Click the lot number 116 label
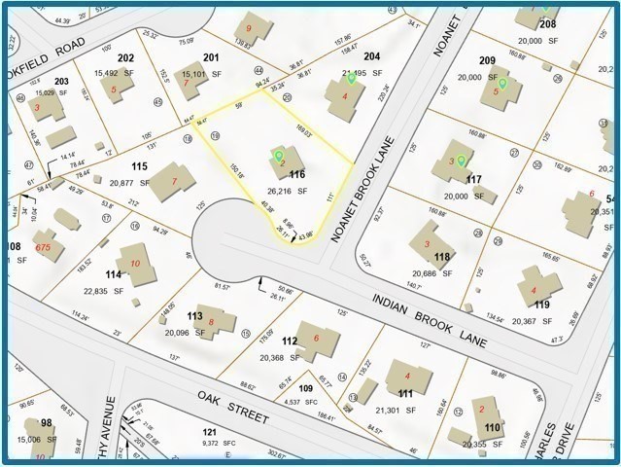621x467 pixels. coord(297,174)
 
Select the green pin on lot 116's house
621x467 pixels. coord(279,155)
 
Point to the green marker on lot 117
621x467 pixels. coord(462,161)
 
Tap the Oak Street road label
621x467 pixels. coord(232,408)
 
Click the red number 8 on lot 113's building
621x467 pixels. coord(210,321)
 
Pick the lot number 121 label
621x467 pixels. coord(208,431)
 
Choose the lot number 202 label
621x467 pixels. coord(126,58)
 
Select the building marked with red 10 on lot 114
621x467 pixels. coord(134,264)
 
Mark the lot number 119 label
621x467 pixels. coord(541,305)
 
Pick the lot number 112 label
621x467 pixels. coord(290,341)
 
